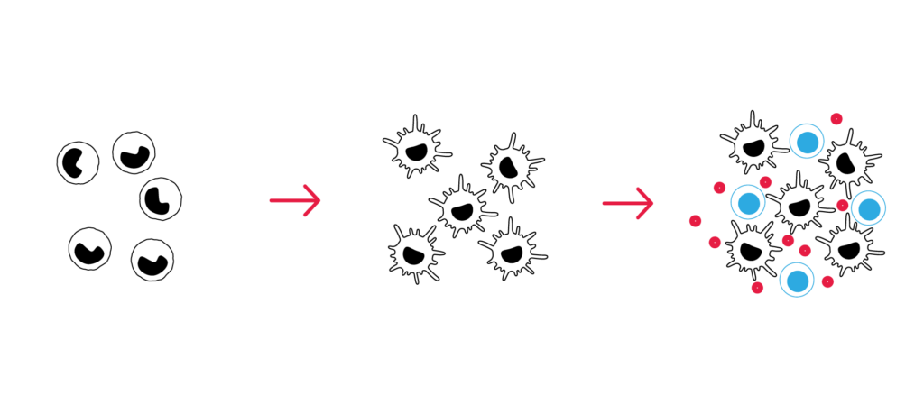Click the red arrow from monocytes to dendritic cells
(295, 199)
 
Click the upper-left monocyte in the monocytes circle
(78, 162)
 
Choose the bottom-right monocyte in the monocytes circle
(151, 261)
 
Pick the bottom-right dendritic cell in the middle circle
(508, 247)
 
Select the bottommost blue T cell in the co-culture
(798, 281)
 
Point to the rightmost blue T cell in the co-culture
(867, 209)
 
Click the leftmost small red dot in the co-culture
(696, 221)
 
